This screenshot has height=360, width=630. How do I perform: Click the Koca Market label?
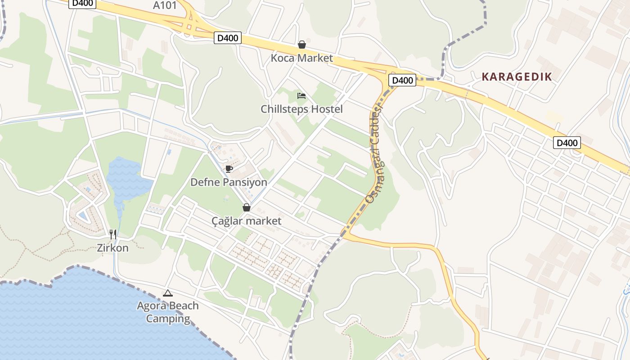pyautogui.click(x=301, y=58)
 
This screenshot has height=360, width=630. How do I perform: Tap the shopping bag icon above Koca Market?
pyautogui.click(x=301, y=45)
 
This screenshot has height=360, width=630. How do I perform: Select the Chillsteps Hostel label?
pyautogui.click(x=301, y=109)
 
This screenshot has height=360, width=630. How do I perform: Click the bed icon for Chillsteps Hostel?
pyautogui.click(x=301, y=95)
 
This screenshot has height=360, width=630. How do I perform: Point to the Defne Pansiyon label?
pyautogui.click(x=229, y=182)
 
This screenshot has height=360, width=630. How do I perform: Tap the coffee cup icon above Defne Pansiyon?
pyautogui.click(x=229, y=169)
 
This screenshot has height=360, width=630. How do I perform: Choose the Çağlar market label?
pyautogui.click(x=246, y=221)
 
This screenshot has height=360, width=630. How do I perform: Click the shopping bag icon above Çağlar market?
pyautogui.click(x=246, y=207)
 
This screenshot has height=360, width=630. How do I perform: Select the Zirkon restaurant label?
pyautogui.click(x=113, y=248)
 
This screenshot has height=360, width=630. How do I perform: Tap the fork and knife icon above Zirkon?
pyautogui.click(x=113, y=234)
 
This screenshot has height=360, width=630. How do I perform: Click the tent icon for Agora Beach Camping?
pyautogui.click(x=167, y=293)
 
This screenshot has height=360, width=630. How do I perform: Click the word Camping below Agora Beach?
pyautogui.click(x=168, y=319)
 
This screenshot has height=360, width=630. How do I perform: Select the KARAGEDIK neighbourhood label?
pyautogui.click(x=517, y=77)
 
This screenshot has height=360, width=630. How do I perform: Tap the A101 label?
pyautogui.click(x=165, y=5)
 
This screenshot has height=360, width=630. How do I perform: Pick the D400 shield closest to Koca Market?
pyautogui.click(x=228, y=38)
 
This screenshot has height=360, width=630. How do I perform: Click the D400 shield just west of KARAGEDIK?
pyautogui.click(x=402, y=81)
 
